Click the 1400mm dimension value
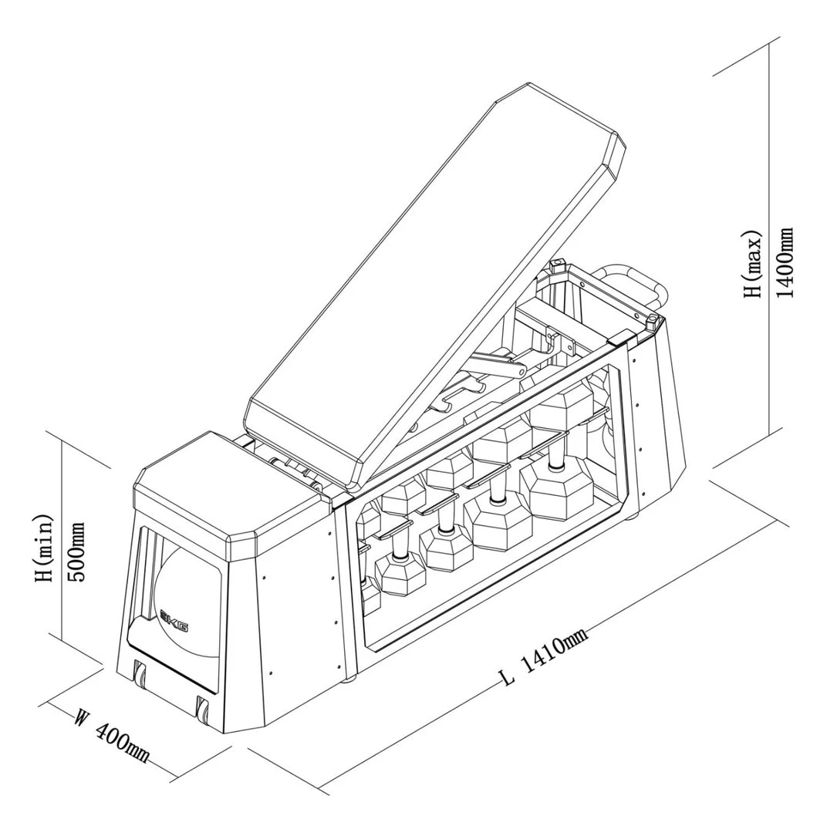click(x=785, y=262)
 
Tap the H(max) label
click(x=752, y=262)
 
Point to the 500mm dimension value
click(x=78, y=552)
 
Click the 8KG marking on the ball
click(x=174, y=620)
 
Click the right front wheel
click(x=203, y=707)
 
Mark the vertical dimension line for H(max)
click(x=770, y=255)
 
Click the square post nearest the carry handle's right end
click(x=654, y=320)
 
